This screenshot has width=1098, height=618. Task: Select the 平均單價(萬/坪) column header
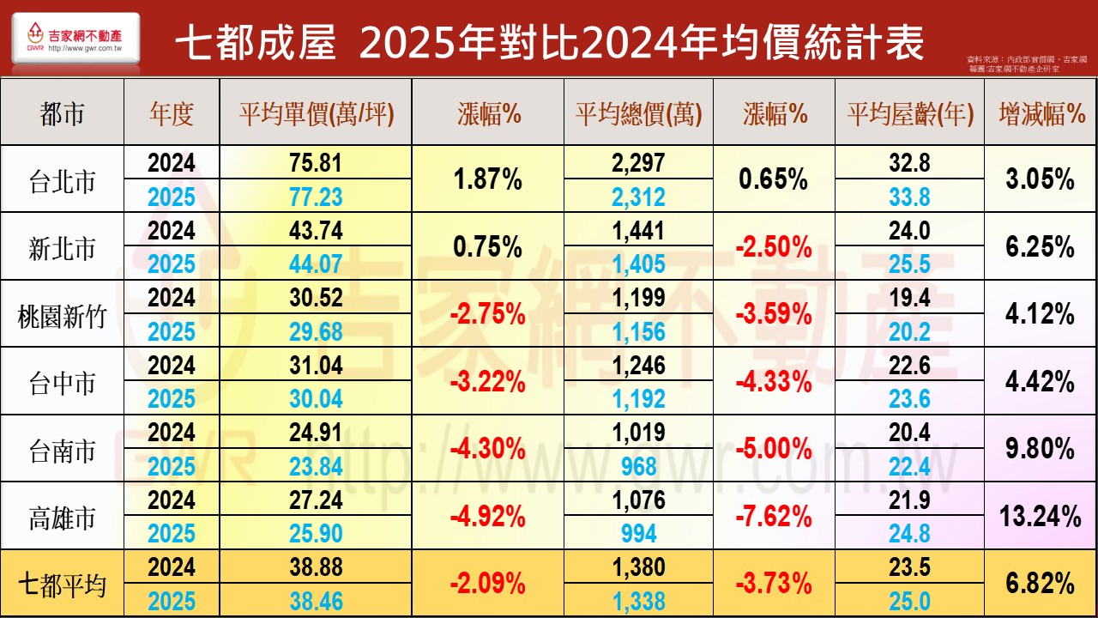tap(316, 115)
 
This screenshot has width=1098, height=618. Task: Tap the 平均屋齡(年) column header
tap(910, 115)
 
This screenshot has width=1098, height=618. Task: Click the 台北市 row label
tap(62, 181)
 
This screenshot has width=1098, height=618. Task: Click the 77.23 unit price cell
tap(316, 197)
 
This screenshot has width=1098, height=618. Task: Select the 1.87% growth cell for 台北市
tap(489, 180)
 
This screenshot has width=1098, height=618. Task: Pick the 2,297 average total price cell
tap(638, 163)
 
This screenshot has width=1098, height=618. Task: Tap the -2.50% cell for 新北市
tap(774, 248)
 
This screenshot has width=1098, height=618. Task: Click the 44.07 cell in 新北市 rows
tap(316, 264)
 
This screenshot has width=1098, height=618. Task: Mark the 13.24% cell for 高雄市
tap(1040, 517)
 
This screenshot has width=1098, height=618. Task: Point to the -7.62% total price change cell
tap(774, 517)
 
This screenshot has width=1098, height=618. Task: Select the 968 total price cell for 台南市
tap(638, 466)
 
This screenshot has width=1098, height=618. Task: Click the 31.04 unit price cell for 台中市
tap(316, 366)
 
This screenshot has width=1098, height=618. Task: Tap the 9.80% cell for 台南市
tap(1040, 449)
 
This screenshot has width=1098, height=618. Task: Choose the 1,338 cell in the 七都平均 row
tap(638, 602)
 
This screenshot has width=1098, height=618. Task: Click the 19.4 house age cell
tap(909, 298)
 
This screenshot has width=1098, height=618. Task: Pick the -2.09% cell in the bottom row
tap(489, 585)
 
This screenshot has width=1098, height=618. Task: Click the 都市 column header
tap(62, 115)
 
